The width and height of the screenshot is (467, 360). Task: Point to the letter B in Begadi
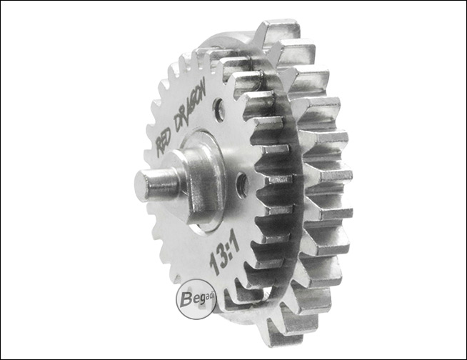click(x=187, y=300)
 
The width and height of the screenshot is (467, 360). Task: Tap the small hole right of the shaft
click(x=241, y=185)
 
